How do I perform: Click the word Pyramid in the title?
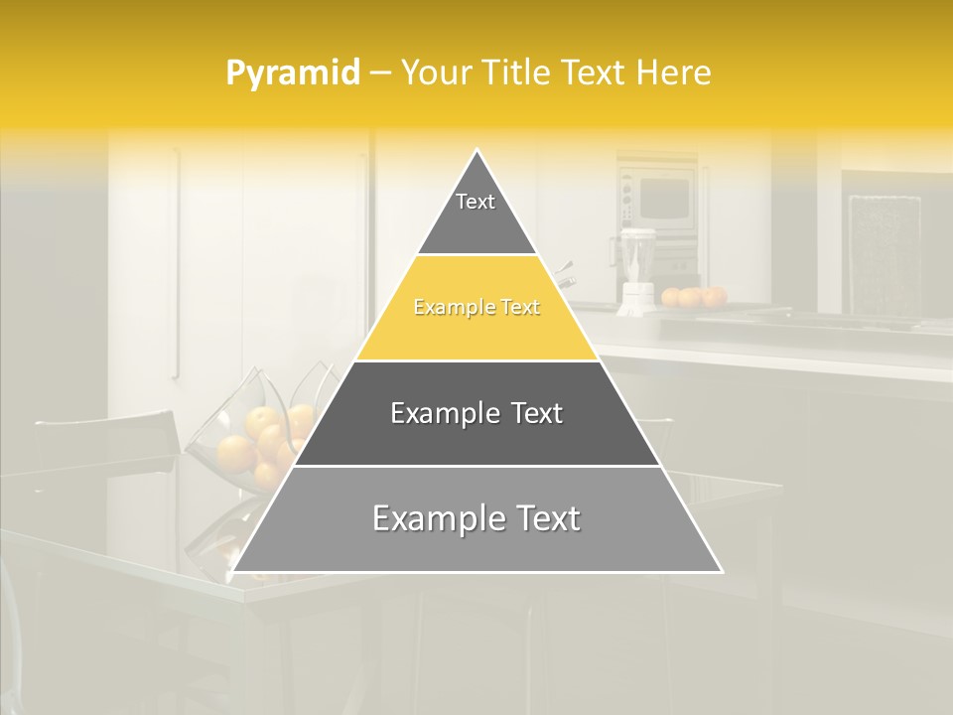pos(292,73)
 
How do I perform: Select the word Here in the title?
pos(674,73)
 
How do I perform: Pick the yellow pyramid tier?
pos(476,310)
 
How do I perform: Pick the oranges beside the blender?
pos(694,296)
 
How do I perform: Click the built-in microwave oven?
pos(658,197)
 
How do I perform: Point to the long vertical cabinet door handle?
pos(176,263)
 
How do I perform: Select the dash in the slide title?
pos(378,73)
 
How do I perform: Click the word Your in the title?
pos(434,73)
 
